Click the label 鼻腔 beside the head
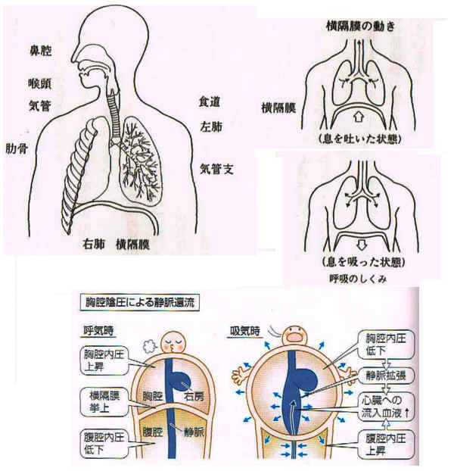coord(40,51)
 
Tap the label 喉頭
coord(40,83)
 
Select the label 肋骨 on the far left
coord(17,148)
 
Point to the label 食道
coord(209,101)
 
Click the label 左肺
coord(211,126)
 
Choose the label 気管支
coord(216,170)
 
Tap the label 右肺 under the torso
coord(94,245)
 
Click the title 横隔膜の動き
coord(360,27)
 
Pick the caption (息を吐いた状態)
coord(359,139)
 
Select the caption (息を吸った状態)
coord(364,262)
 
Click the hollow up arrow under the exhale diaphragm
coord(358,117)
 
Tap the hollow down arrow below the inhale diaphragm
coord(362,245)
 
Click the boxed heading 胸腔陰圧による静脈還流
coord(139,302)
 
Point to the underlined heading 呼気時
coord(98,331)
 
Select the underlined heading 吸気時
coord(244,332)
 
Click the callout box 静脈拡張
coord(386,376)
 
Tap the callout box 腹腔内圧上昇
coord(386,444)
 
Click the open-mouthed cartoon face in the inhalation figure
coord(294,335)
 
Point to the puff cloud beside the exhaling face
coord(149,346)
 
